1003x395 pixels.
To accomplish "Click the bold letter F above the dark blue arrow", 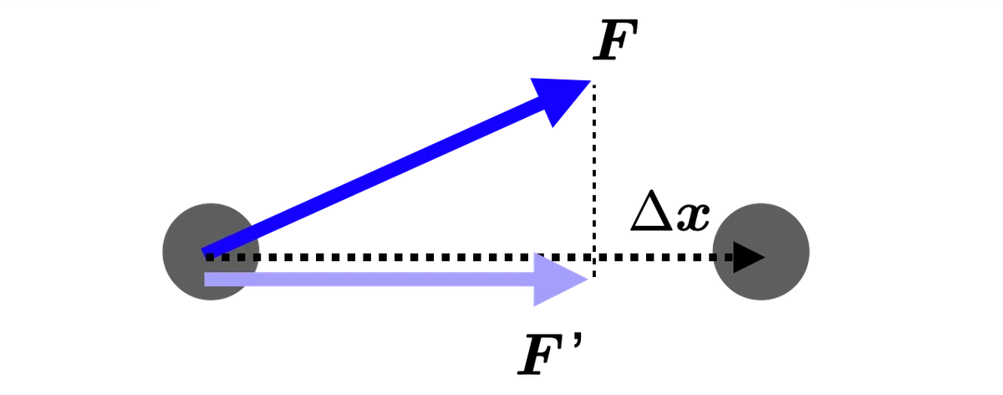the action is (x=615, y=39).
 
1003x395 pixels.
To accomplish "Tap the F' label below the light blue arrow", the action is (x=551, y=353).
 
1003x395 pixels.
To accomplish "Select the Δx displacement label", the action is (x=670, y=211).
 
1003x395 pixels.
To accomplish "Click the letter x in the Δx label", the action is (x=693, y=218).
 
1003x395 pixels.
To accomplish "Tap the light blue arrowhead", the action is (x=561, y=280).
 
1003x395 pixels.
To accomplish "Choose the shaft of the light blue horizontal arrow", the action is (x=369, y=280).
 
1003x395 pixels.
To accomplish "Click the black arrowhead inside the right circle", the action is (x=749, y=258).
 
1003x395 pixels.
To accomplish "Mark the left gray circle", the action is (x=211, y=252).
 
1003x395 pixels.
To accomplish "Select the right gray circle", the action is (x=761, y=252).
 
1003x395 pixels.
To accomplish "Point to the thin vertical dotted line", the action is (x=594, y=179).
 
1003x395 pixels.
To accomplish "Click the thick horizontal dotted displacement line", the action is (x=469, y=258).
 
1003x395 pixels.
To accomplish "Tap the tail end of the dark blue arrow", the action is (x=204, y=254).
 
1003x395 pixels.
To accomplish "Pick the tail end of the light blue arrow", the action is (x=205, y=280).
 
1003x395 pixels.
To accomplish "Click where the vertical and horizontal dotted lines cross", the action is (x=594, y=258).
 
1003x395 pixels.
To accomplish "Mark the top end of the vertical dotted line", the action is (x=594, y=85).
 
